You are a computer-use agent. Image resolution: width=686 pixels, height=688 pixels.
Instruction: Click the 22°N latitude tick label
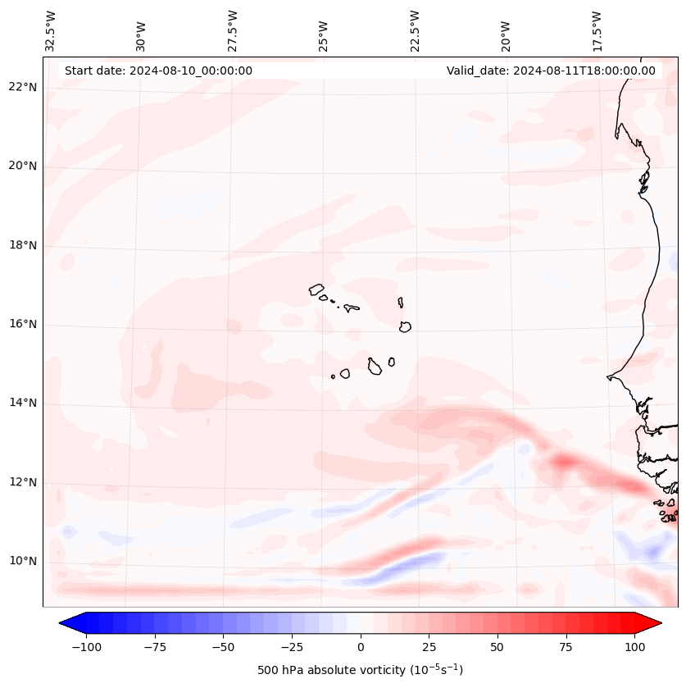pos(23,87)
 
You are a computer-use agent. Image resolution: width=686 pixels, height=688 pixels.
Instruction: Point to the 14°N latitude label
pos(23,403)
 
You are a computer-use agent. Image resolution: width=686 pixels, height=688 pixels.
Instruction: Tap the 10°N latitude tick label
pos(23,561)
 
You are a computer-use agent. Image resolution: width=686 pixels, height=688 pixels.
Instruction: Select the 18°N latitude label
pos(23,245)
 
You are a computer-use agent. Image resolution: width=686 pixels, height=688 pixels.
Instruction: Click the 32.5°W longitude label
pos(51,31)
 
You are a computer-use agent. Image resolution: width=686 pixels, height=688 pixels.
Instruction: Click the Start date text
pos(158,71)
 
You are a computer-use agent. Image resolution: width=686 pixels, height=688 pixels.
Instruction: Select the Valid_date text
pos(551,71)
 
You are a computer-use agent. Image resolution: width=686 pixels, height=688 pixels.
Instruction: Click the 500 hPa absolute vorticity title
pos(361,671)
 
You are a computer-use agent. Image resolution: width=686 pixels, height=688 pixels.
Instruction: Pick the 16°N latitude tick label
pos(23,324)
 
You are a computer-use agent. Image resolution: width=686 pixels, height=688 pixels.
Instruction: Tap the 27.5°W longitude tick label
pos(233,31)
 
